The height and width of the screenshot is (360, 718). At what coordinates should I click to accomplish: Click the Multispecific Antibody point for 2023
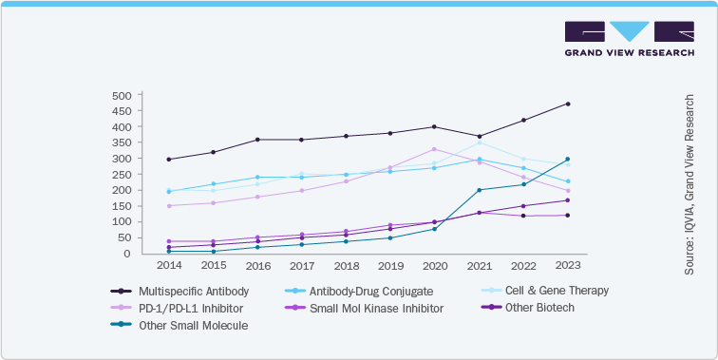568,104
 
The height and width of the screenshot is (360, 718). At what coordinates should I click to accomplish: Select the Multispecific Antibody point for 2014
168,160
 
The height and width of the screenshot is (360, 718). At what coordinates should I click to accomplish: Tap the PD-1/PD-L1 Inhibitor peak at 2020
434,149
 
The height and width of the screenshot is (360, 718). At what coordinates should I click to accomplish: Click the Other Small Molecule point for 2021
480,190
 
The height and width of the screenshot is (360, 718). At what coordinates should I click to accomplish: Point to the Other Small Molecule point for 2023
568,159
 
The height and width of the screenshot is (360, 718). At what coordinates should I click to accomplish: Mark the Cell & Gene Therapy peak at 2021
480,142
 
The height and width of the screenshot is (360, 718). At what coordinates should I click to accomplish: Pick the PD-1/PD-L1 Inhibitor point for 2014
168,206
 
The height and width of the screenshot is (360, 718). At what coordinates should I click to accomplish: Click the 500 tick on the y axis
121,96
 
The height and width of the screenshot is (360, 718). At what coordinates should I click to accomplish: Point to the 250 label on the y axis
121,175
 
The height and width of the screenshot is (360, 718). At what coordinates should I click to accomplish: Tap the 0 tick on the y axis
126,254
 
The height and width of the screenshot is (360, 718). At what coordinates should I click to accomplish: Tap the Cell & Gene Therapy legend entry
550,291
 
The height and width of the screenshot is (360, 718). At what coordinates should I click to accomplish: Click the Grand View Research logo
628,39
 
